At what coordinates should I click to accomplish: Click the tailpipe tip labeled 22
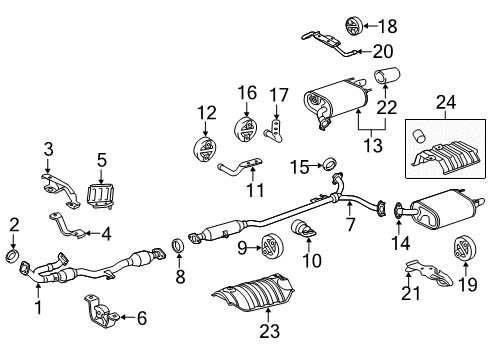386,76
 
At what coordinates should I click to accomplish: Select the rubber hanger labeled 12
205,150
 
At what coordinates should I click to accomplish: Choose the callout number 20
383,50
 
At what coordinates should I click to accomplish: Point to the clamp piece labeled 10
302,237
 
